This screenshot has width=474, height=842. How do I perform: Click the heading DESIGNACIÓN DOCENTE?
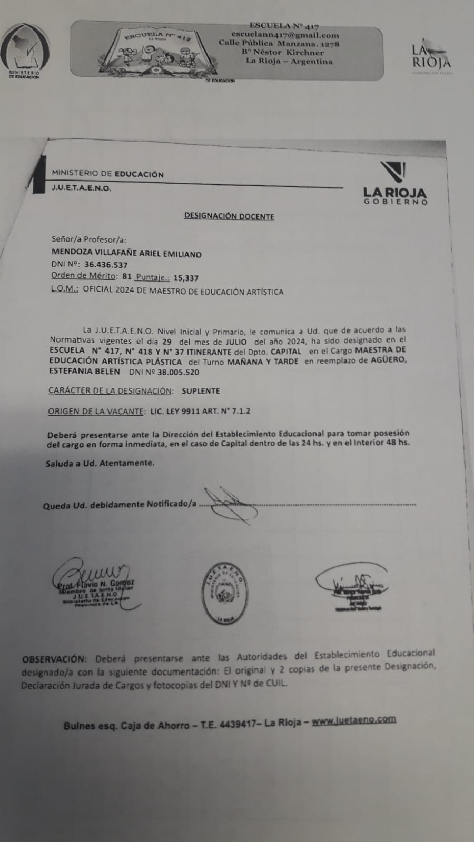click(229, 216)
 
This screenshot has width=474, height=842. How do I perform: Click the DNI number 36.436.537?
click(105, 265)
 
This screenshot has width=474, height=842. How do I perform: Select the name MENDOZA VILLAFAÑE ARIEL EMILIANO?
click(126, 254)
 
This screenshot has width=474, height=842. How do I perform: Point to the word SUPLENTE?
click(201, 391)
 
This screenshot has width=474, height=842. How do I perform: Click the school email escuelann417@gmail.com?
click(285, 35)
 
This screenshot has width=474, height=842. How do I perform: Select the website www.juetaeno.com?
click(353, 720)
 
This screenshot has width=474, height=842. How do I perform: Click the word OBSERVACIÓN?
click(53, 659)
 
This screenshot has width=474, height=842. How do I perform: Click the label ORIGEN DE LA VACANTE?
click(95, 412)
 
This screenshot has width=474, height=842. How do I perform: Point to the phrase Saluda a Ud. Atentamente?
click(100, 463)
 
